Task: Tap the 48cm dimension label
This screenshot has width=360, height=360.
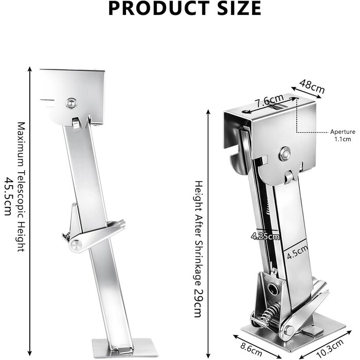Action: [312, 86]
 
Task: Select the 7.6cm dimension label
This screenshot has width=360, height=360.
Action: [270, 101]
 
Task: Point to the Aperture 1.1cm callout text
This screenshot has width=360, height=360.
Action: [343, 135]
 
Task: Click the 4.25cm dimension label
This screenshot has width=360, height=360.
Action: [265, 236]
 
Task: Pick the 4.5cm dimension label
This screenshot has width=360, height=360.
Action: [297, 253]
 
